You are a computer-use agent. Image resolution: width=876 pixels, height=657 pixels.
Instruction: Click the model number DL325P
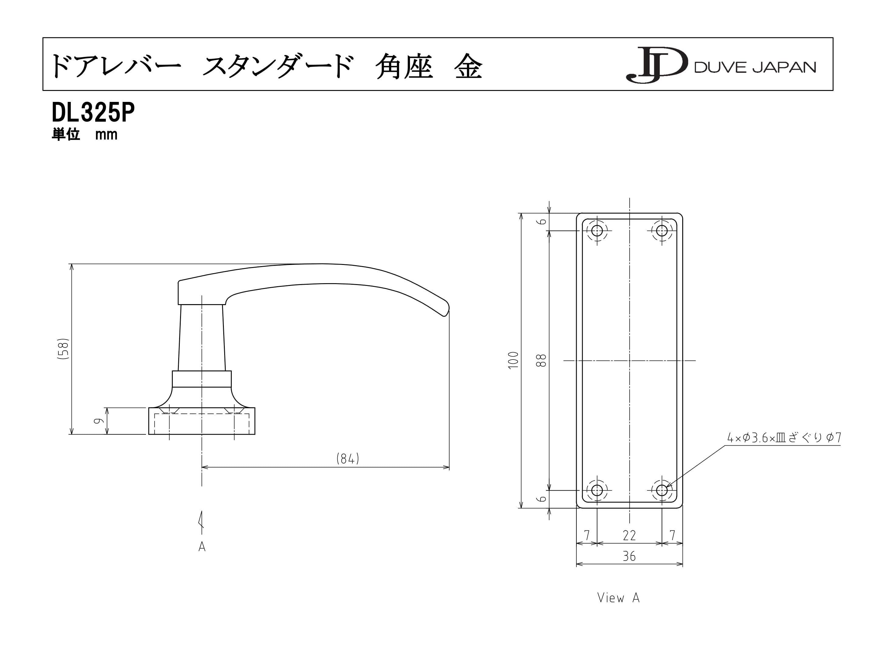pyautogui.click(x=93, y=113)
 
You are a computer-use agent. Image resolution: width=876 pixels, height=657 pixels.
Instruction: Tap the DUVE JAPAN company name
pyautogui.click(x=755, y=67)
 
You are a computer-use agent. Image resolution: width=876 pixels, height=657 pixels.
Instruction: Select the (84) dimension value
pyautogui.click(x=348, y=459)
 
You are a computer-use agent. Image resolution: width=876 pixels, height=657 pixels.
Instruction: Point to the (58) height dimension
pyautogui.click(x=63, y=349)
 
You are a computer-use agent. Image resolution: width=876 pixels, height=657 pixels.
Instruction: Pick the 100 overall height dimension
pyautogui.click(x=513, y=360)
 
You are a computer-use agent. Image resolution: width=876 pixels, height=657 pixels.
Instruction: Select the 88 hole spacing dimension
pyautogui.click(x=541, y=360)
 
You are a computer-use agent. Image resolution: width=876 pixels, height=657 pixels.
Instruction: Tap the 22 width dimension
pyautogui.click(x=629, y=535)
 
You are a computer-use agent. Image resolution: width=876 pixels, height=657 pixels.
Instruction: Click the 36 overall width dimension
pyautogui.click(x=629, y=556)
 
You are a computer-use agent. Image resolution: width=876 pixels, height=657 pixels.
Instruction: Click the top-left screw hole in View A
pyautogui.click(x=597, y=231)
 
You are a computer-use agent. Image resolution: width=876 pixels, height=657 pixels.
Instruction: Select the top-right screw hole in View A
pyautogui.click(x=662, y=231)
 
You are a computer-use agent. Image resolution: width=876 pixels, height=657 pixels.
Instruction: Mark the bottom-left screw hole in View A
pyautogui.click(x=597, y=490)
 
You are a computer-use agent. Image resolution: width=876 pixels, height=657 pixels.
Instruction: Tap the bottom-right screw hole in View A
pyautogui.click(x=662, y=490)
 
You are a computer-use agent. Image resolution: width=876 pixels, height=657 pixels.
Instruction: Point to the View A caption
pyautogui.click(x=618, y=598)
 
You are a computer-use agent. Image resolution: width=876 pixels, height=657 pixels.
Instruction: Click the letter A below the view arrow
pyautogui.click(x=202, y=547)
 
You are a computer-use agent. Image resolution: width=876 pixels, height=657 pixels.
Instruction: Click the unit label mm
pyautogui.click(x=106, y=135)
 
